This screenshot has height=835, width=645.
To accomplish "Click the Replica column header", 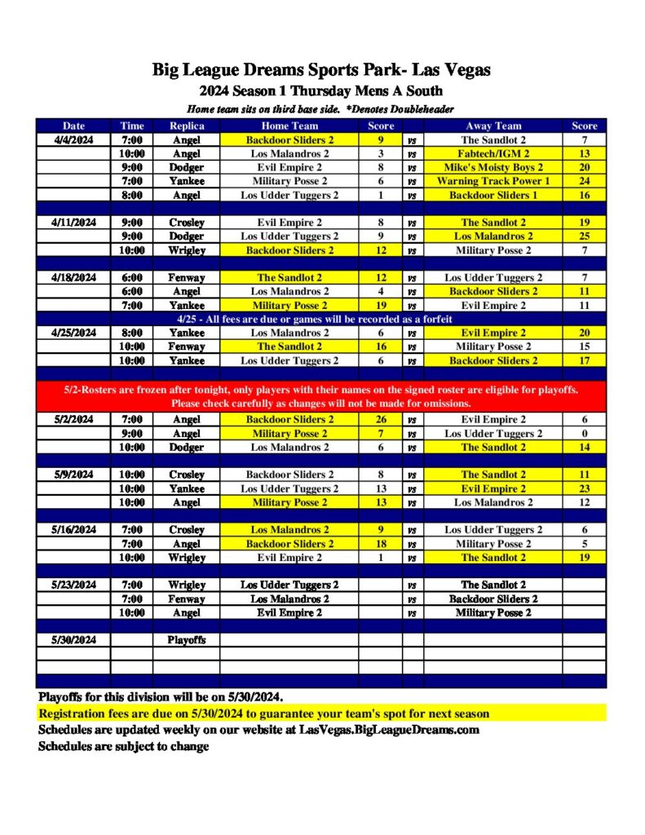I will coord(186,126).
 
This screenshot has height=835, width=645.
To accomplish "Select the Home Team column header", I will coord(289,126).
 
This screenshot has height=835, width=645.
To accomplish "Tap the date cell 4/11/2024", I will coord(73,223).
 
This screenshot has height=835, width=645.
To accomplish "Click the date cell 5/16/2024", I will coord(73,530).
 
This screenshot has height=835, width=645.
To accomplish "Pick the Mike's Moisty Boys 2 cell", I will coord(493,167).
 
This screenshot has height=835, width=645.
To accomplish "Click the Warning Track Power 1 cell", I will coord(493,181).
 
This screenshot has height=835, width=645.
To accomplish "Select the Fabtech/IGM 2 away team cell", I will coord(493,153).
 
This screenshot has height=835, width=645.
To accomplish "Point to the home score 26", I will coord(381,419).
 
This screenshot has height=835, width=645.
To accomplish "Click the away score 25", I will coord(584,236).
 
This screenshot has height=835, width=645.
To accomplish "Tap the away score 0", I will coord(584,433).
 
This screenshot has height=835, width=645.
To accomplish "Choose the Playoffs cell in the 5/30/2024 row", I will coord(186,640).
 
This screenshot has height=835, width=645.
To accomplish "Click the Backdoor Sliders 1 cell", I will coord(493,195).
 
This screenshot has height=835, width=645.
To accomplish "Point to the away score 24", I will coord(584,181).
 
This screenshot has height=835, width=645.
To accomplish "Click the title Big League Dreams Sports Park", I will coord(321,70).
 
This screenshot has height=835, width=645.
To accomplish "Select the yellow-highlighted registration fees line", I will coord(264,714).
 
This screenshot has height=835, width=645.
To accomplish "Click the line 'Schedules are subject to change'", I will coord(124,746).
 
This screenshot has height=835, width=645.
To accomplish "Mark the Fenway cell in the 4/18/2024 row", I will coord(186,277).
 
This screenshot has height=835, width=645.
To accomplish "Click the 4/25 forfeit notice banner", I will coord(321,319).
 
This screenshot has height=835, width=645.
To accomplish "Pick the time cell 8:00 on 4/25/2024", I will coord(131,333).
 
